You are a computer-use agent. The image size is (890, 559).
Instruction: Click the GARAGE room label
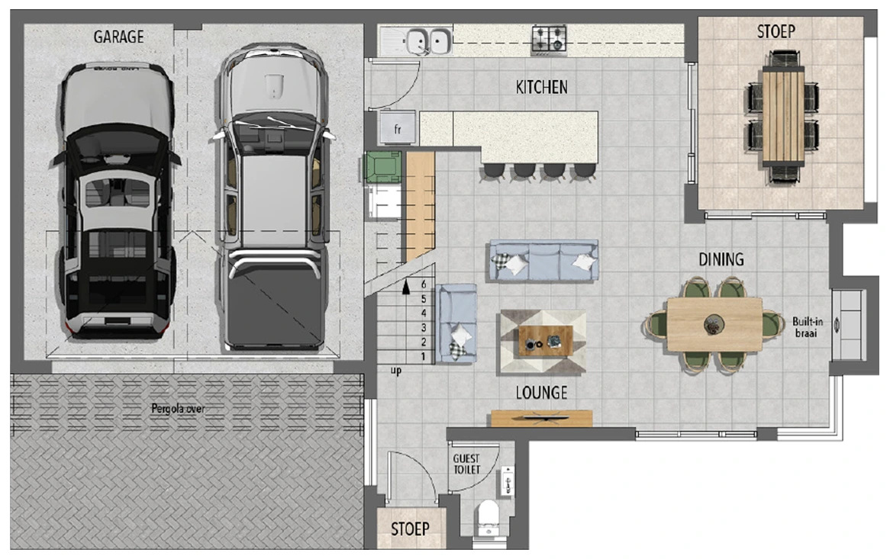click(x=118, y=37)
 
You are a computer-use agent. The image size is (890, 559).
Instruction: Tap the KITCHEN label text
click(x=541, y=87)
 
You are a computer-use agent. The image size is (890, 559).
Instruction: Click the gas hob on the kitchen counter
click(x=549, y=40)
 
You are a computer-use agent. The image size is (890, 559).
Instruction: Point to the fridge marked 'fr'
click(x=398, y=128)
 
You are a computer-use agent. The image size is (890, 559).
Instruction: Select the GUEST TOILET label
click(x=466, y=464)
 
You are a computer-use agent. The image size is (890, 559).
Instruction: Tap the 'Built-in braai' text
click(x=807, y=327)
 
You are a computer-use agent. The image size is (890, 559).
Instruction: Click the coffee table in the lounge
click(x=546, y=341)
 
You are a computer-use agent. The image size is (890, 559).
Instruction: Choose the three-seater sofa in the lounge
click(x=543, y=261)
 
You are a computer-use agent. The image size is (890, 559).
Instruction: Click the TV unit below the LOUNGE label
click(x=541, y=419)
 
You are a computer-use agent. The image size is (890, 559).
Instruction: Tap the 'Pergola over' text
click(x=178, y=409)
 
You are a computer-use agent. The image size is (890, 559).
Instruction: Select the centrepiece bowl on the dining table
click(x=714, y=325)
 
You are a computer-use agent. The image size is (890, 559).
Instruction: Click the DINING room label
click(x=721, y=259)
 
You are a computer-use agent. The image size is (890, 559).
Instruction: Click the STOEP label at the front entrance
click(x=410, y=529)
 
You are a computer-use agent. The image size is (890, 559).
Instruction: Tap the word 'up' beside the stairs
click(x=396, y=371)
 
